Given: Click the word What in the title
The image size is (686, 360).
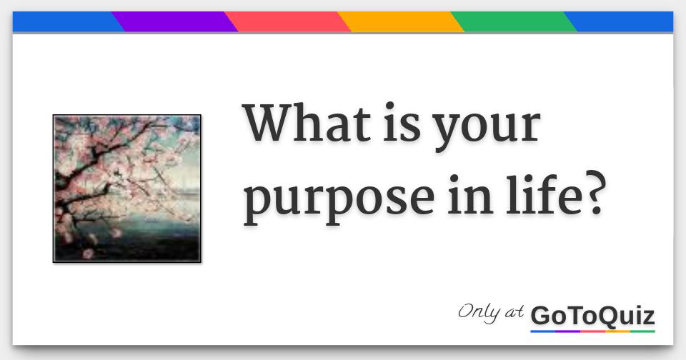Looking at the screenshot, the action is click(307, 123).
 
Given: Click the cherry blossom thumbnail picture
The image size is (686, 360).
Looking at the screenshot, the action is click(127, 189).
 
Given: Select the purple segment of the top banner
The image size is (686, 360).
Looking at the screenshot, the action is click(175, 22).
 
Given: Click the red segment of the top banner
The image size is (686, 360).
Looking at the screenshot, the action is click(288, 22).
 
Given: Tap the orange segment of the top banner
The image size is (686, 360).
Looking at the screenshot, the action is click(401, 22).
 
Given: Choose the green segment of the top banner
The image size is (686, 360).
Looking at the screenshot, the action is click(514, 22).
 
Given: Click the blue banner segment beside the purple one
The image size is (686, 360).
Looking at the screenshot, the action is click(66, 22).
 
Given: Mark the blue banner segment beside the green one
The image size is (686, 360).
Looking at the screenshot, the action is click(621, 22).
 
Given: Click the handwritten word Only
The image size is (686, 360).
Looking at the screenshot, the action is click(479, 313).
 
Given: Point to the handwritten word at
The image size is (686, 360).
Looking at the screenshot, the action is click(514, 312).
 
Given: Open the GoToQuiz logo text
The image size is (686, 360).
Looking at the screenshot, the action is click(593, 316).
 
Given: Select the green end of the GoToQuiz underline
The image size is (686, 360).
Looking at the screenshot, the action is click(642, 331).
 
